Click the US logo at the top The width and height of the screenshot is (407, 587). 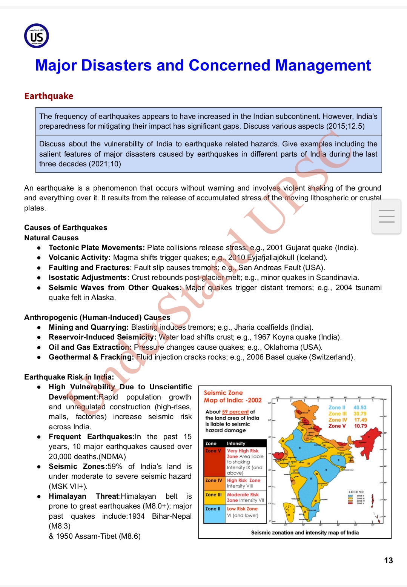tap(37, 36)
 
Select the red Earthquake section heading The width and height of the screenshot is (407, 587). tap(49, 96)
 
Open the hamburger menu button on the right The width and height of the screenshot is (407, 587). tap(386, 216)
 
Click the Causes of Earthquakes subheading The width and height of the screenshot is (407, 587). tap(66, 227)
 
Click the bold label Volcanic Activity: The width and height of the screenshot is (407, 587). tap(79, 258)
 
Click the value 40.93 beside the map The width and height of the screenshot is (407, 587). tap(360, 408)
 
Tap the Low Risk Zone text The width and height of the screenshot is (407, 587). tap(242, 509)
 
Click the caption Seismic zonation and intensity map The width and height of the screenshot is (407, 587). tap(305, 533)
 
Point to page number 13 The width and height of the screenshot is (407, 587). tap(388, 561)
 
